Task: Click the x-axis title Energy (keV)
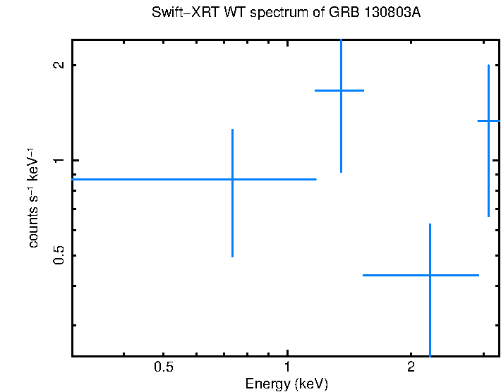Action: tap(286, 384)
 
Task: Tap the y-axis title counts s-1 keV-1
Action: tap(33, 198)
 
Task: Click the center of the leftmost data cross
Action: tap(232, 179)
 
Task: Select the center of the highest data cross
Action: tap(341, 90)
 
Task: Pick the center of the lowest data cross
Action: tap(430, 275)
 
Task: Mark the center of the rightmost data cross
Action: tap(488, 121)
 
